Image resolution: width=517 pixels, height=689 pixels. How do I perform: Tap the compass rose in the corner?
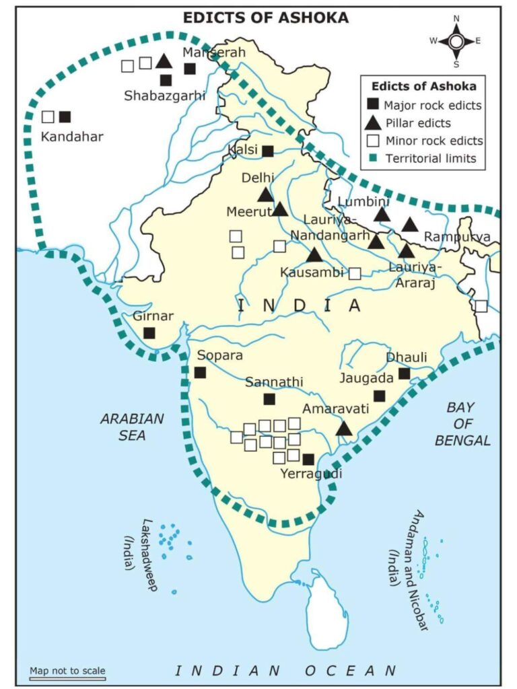(455, 41)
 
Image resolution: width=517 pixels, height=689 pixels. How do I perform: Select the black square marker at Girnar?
(149, 332)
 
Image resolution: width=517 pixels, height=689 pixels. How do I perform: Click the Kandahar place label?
(72, 137)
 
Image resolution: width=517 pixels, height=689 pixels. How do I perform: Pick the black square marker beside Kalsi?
(268, 151)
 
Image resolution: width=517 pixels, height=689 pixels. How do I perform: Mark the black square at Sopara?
(200, 372)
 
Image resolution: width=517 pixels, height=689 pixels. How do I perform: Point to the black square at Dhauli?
(404, 373)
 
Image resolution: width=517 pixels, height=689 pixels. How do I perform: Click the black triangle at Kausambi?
(314, 255)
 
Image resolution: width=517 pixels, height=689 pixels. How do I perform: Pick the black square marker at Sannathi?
(269, 399)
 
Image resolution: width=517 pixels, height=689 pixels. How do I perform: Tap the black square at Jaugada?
(380, 396)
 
